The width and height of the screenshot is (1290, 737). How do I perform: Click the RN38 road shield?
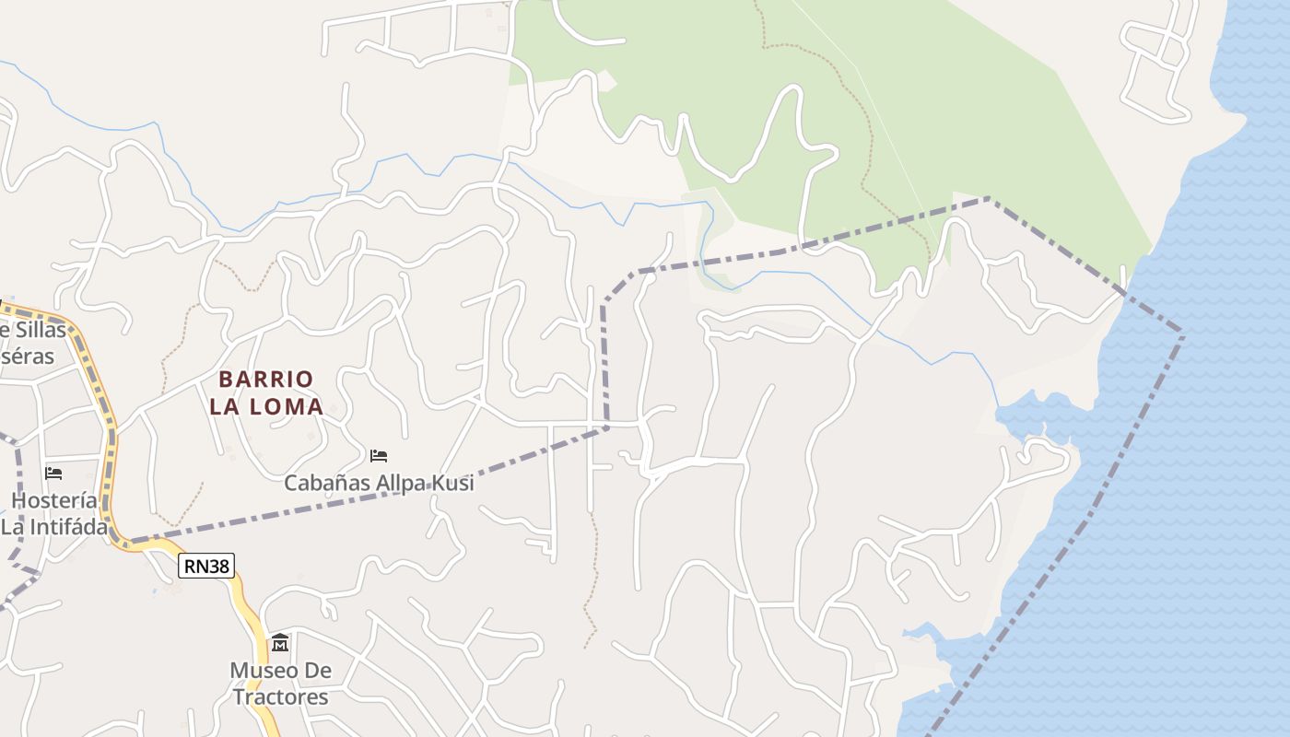click(x=206, y=566)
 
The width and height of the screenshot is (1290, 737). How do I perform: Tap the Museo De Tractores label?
click(x=280, y=684)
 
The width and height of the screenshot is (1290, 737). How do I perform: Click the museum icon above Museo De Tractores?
click(x=280, y=642)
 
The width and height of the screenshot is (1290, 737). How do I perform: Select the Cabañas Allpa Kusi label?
click(x=379, y=483)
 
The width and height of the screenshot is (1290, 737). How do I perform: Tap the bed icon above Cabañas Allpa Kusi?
click(x=378, y=455)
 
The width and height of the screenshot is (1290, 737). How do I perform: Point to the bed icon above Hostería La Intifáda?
click(x=53, y=474)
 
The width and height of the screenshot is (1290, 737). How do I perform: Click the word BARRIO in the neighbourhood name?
click(x=266, y=380)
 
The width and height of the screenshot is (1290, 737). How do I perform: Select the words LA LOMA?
click(x=266, y=406)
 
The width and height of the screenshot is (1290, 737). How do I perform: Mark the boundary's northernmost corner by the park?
click(x=988, y=198)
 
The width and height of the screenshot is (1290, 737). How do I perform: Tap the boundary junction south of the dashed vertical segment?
click(x=606, y=427)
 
